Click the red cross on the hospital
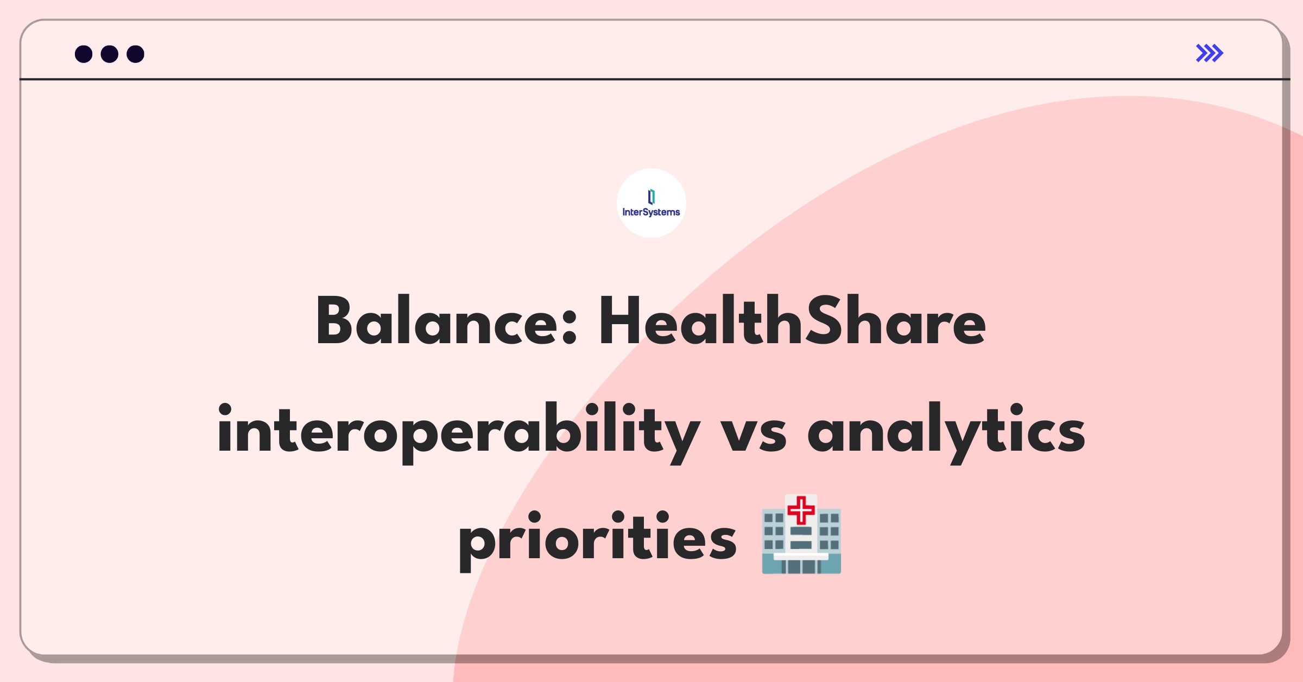[801, 510]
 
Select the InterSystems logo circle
[651, 203]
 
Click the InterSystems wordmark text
[651, 212]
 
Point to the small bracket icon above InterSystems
[651, 197]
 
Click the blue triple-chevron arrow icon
[1210, 53]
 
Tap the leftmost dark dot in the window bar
[84, 54]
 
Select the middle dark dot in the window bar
[110, 54]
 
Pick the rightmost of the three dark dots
[136, 54]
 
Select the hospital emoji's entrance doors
[801, 566]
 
